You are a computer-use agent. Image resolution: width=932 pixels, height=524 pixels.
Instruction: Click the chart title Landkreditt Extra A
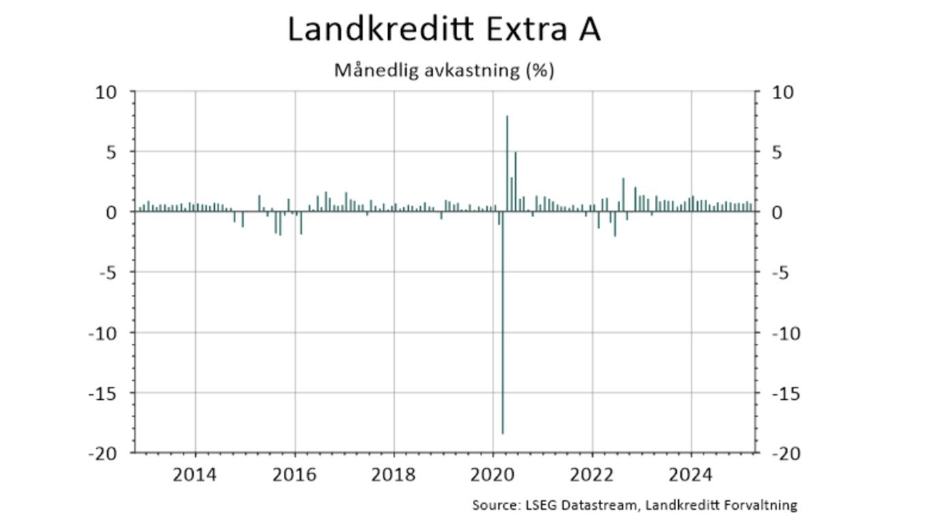(443, 30)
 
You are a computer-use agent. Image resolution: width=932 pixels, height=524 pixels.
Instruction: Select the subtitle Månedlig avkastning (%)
(443, 70)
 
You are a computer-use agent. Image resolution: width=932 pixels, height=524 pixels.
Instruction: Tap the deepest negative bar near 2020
(503, 341)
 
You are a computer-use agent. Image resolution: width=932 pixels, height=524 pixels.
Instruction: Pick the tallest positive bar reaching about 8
(507, 164)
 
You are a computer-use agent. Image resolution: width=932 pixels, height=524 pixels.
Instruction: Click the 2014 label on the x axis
(195, 474)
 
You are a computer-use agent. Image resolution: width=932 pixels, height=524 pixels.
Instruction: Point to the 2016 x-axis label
(295, 474)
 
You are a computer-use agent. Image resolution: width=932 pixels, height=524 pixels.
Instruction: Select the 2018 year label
(394, 474)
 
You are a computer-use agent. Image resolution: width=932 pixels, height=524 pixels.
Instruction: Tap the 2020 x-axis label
(493, 474)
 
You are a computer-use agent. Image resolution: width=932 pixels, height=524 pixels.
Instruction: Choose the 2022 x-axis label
(592, 474)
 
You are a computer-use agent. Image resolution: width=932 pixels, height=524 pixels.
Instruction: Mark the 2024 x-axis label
(691, 474)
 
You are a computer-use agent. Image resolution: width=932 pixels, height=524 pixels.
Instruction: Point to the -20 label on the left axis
(102, 453)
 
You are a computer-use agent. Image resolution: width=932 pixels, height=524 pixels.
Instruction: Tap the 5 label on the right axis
(777, 151)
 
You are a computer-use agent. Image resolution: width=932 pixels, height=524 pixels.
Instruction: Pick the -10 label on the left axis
(102, 333)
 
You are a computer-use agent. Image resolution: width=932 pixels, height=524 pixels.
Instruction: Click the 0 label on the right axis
(777, 212)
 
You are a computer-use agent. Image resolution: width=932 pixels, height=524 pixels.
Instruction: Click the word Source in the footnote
(493, 506)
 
